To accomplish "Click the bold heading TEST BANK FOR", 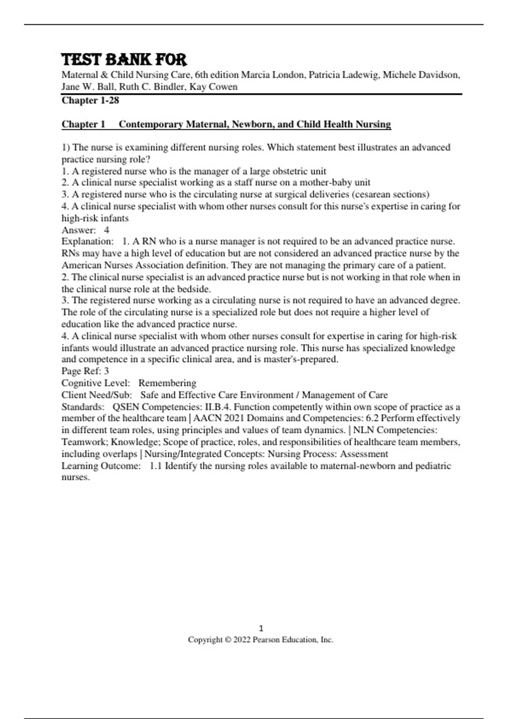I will pyautogui.click(x=124, y=60).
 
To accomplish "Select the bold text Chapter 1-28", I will pyautogui.click(x=90, y=100).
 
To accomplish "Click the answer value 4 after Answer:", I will pyautogui.click(x=107, y=230).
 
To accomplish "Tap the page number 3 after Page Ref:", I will pyautogui.click(x=106, y=371).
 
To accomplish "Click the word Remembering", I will pyautogui.click(x=167, y=383).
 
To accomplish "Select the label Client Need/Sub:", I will pyautogui.click(x=97, y=395).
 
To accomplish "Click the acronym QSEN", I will pyautogui.click(x=126, y=407).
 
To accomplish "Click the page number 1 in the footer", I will pyautogui.click(x=261, y=628).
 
